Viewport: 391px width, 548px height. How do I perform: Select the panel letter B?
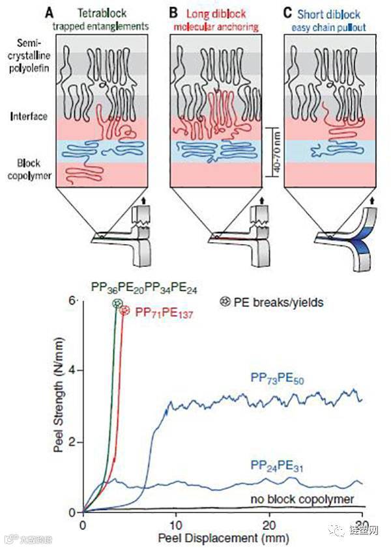tap(173, 12)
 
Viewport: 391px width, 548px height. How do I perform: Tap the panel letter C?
tap(289, 12)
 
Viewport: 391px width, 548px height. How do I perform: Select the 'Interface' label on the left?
tap(29, 116)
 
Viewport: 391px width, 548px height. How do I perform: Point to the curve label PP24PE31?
tap(280, 465)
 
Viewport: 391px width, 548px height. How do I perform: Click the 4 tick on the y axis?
tap(74, 370)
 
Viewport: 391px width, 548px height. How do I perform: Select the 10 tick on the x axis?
tap(175, 525)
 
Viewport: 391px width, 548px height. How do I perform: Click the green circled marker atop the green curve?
tap(117, 303)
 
